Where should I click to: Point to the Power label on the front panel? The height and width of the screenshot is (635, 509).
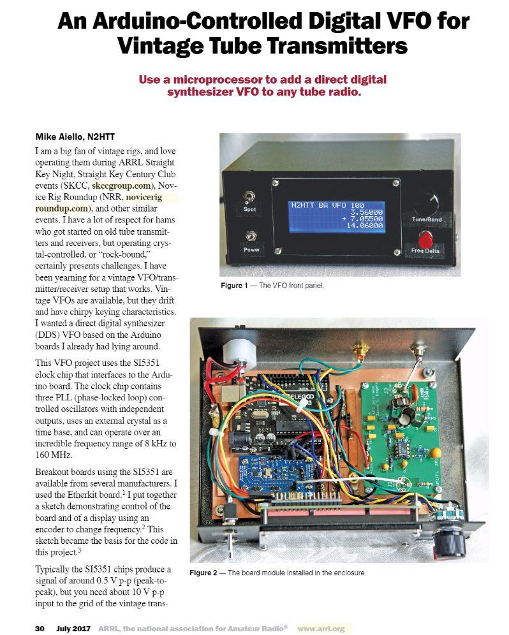point(251,249)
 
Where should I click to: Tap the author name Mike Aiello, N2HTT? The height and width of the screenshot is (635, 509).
point(75,136)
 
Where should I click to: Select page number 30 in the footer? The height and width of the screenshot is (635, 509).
point(39,628)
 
